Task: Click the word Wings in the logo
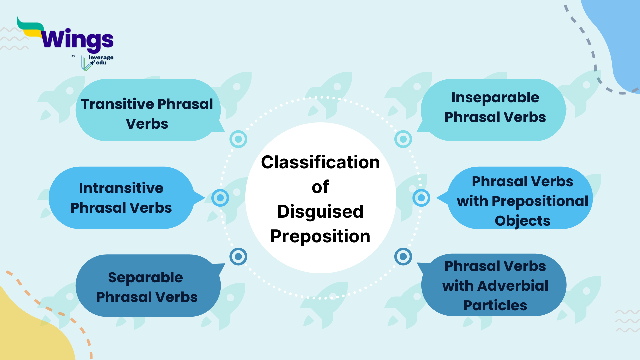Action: click(x=77, y=39)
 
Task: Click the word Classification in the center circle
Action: click(x=320, y=162)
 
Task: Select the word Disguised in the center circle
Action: click(x=320, y=212)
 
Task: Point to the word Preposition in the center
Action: click(x=320, y=236)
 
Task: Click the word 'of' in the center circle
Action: click(x=320, y=187)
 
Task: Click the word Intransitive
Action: click(x=121, y=188)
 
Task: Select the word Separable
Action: click(x=145, y=278)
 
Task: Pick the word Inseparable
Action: click(x=495, y=98)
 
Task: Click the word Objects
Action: click(x=522, y=221)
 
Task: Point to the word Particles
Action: click(x=495, y=305)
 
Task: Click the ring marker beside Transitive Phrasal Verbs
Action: click(x=238, y=139)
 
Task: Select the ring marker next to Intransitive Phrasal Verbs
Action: click(x=220, y=198)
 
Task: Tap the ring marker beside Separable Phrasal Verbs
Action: click(x=238, y=257)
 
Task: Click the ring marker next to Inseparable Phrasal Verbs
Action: click(x=403, y=139)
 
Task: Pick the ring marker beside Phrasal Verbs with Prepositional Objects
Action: click(x=421, y=198)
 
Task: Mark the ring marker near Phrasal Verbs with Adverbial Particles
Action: click(x=403, y=257)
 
